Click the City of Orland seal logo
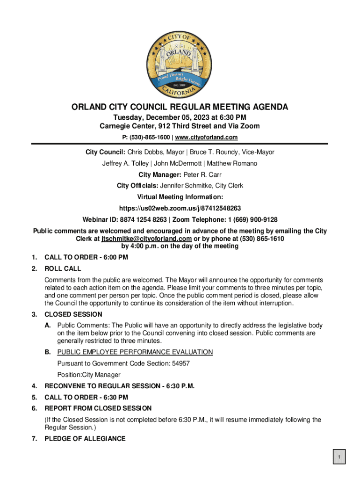point(180,63)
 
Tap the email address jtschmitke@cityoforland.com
point(146,239)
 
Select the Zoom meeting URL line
point(180,208)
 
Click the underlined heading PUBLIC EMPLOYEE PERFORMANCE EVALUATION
point(135,352)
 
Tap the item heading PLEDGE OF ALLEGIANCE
point(85,439)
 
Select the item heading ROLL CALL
point(63,269)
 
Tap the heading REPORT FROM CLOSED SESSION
point(98,408)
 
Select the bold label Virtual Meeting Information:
point(180,197)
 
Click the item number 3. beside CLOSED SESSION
point(34,314)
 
